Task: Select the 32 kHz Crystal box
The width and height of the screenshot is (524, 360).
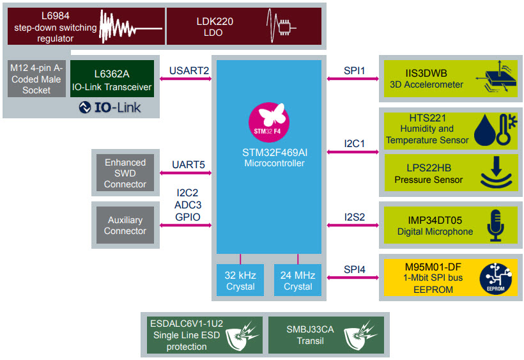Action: click(240, 280)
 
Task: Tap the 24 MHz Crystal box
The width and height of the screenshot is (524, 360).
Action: click(298, 280)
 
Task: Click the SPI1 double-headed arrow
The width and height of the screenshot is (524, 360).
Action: click(351, 79)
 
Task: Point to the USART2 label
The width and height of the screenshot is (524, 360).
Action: click(189, 70)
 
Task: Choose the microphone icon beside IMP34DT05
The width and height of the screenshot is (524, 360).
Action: click(495, 224)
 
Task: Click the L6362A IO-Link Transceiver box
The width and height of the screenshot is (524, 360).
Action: click(112, 79)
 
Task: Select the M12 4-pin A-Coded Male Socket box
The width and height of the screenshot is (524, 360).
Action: click(36, 79)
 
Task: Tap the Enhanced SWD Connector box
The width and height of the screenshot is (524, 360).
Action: click(125, 173)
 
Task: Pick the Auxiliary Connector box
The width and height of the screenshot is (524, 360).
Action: click(125, 225)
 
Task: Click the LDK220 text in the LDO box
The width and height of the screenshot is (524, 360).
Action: click(215, 21)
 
